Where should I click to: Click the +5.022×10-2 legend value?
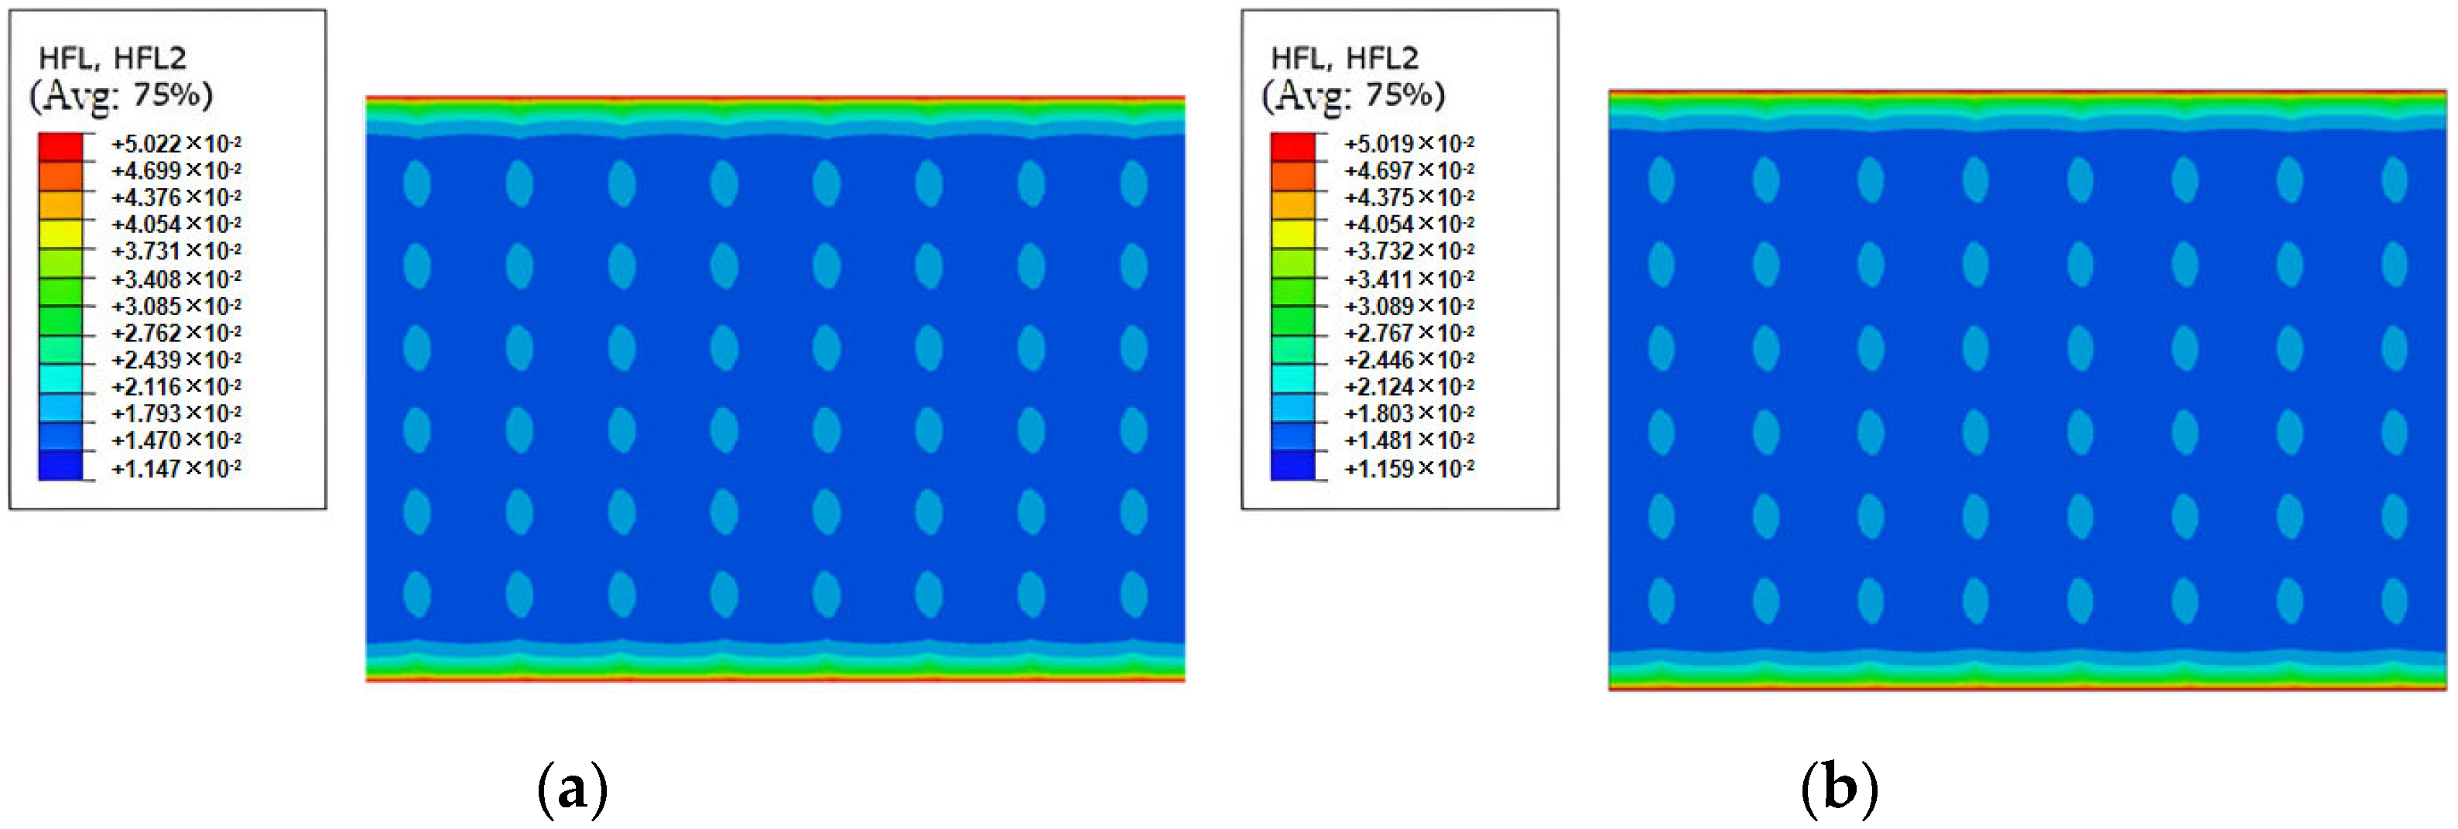pyautogui.click(x=176, y=143)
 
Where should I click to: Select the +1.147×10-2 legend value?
pyautogui.click(x=176, y=468)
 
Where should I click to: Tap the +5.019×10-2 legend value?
pyautogui.click(x=1409, y=143)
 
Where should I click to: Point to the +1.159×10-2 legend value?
pyautogui.click(x=1409, y=468)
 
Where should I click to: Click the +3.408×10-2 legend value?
pyautogui.click(x=176, y=279)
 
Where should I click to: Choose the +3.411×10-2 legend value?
pyautogui.click(x=1409, y=279)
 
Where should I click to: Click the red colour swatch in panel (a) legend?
pyautogui.click(x=60, y=147)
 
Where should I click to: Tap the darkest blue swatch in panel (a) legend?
pyautogui.click(x=60, y=464)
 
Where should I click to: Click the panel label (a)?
pyautogui.click(x=573, y=789)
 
